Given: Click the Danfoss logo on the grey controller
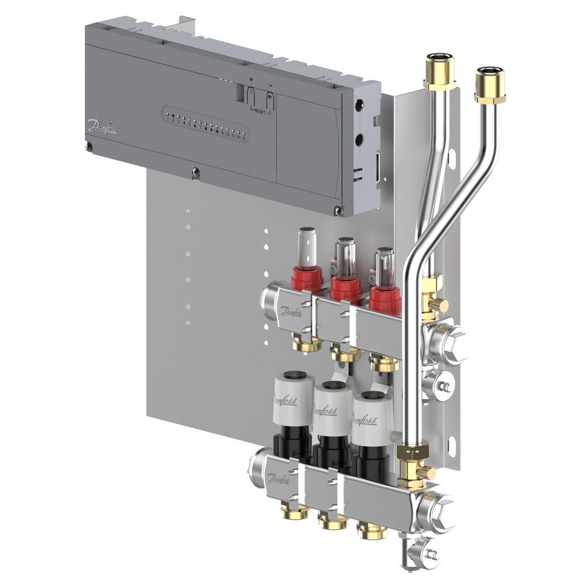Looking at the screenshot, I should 102,126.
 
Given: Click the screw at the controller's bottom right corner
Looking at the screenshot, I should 337,210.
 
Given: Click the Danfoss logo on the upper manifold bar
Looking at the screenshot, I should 291,311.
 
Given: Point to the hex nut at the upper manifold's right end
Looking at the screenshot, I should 450,341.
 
